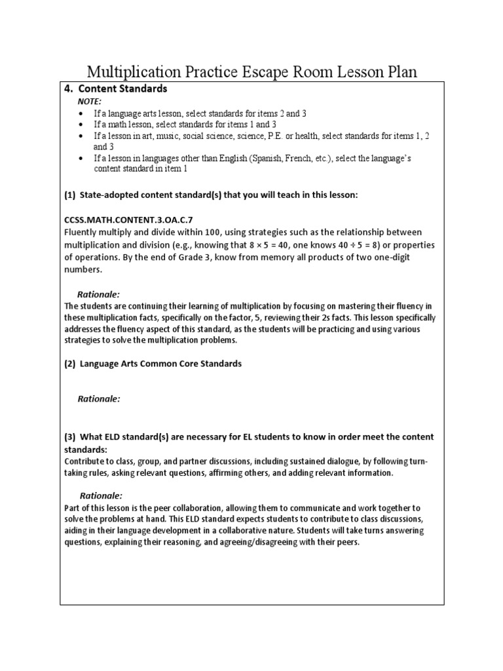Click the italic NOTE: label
(x=90, y=102)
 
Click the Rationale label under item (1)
(x=99, y=295)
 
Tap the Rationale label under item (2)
(x=99, y=398)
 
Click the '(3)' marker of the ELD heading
(x=70, y=437)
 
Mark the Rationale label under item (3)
(x=101, y=495)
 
